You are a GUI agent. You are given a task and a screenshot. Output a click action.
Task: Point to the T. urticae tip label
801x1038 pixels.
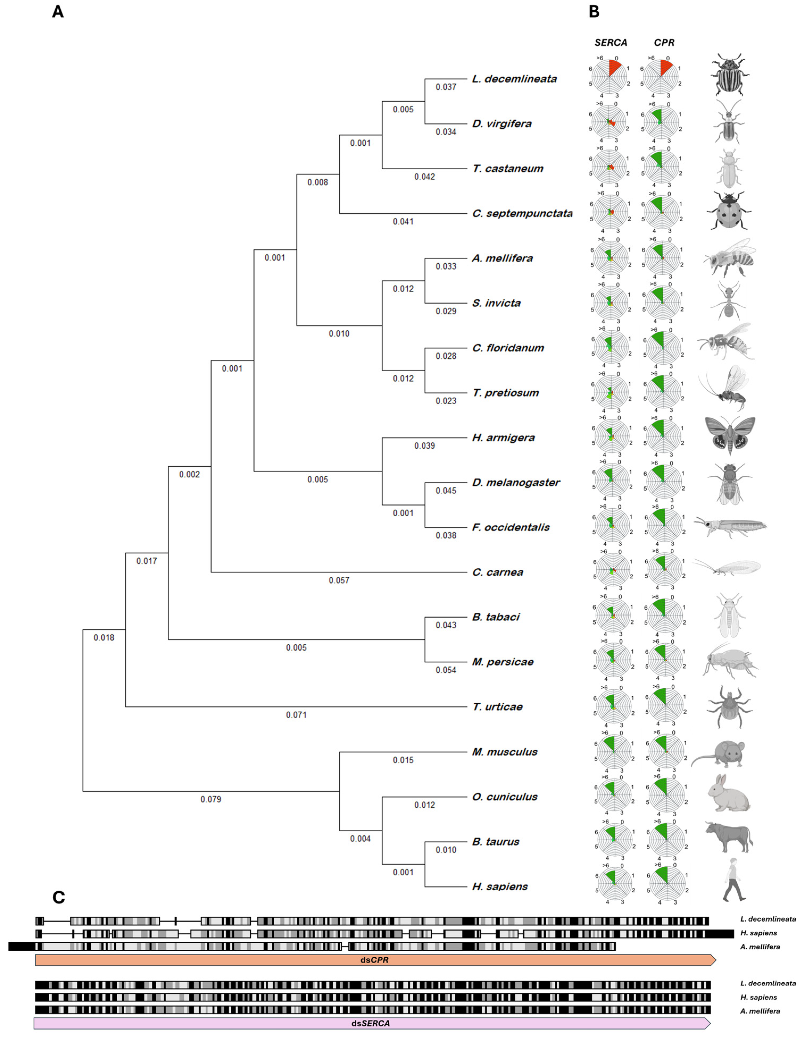pyautogui.click(x=497, y=707)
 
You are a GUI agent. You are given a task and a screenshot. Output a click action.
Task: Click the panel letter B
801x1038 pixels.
pyautogui.click(x=594, y=12)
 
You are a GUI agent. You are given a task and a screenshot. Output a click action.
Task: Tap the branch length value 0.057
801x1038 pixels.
pyautogui.click(x=339, y=580)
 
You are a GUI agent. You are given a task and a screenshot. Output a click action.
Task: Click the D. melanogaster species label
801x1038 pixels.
pyautogui.click(x=516, y=482)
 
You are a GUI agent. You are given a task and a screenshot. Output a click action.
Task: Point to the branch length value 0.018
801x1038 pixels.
pyautogui.click(x=104, y=638)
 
